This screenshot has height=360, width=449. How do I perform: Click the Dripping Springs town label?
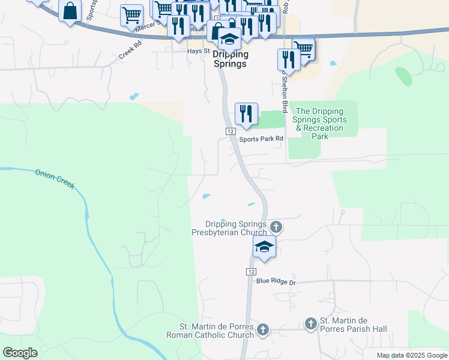coord(229,59)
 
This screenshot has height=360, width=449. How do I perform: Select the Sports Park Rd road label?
coord(261,139)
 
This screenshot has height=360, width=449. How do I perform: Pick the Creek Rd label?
coord(130,50)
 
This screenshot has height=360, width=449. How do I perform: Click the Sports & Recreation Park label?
coord(319,124)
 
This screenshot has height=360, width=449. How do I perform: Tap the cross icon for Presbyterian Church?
coord(276,227)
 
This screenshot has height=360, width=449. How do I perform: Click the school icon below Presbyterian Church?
coord(264,247)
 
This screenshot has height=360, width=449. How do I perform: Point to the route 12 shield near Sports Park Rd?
coord(230,131)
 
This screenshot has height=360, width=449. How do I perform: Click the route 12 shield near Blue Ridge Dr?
coord(250,272)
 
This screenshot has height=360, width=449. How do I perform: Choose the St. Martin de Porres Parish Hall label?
coord(353,325)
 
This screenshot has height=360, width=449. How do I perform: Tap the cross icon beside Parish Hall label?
coord(310,324)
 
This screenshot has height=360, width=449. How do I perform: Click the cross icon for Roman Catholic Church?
coord(263,329)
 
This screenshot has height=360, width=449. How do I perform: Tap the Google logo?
coord(20,353)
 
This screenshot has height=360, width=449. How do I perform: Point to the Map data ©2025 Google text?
coord(412,355)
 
